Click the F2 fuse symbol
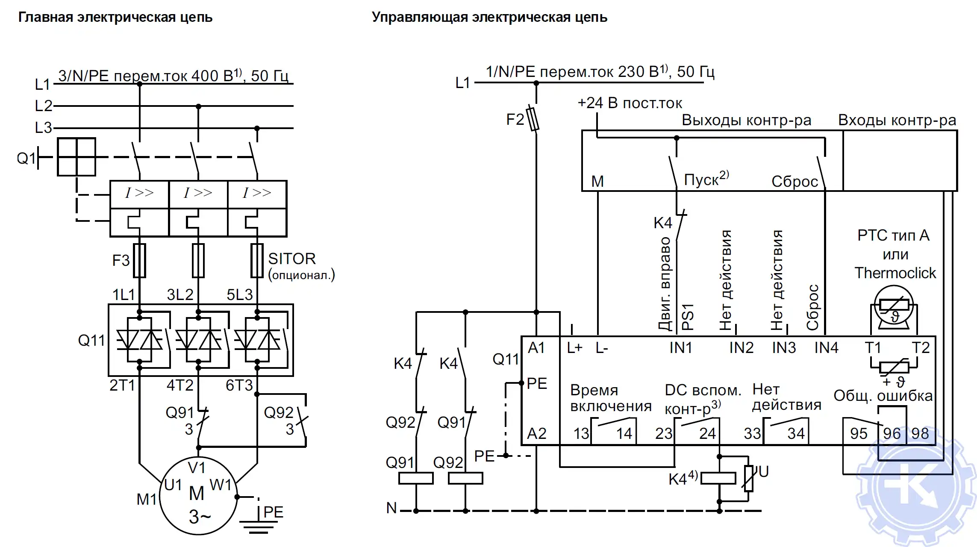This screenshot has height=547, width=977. click(533, 119)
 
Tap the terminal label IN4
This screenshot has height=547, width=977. click(826, 348)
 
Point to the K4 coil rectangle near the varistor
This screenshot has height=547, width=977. click(718, 478)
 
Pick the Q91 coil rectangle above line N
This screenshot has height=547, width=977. click(415, 478)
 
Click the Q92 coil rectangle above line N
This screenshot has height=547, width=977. click(465, 478)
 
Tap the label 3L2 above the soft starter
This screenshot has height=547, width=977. click(180, 294)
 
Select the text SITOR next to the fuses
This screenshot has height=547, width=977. click(291, 259)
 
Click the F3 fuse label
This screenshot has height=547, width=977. click(121, 260)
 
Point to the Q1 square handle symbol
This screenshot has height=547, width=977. click(77, 157)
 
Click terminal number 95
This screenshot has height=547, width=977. click(858, 433)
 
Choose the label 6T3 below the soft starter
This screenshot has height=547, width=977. click(239, 385)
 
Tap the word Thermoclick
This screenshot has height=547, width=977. click(895, 273)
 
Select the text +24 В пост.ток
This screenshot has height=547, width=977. click(630, 103)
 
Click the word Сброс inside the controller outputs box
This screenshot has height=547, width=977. click(794, 182)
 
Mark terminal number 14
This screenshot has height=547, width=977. click(624, 433)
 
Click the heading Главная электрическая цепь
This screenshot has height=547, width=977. click(115, 17)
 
